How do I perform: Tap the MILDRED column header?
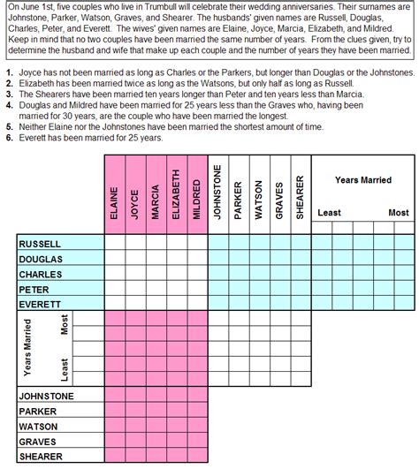click(197, 199)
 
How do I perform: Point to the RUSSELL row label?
click(40, 243)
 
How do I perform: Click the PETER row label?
click(34, 288)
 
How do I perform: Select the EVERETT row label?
click(40, 303)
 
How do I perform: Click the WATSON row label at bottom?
click(39, 427)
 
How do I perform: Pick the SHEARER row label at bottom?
click(42, 457)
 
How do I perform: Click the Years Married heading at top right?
click(363, 180)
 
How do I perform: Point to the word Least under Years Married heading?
click(329, 213)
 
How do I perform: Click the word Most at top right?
click(399, 213)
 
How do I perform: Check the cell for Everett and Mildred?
click(197, 303)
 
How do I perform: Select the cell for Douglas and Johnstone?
click(217, 258)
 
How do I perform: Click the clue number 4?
click(8, 103)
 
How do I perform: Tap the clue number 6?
click(8, 139)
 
